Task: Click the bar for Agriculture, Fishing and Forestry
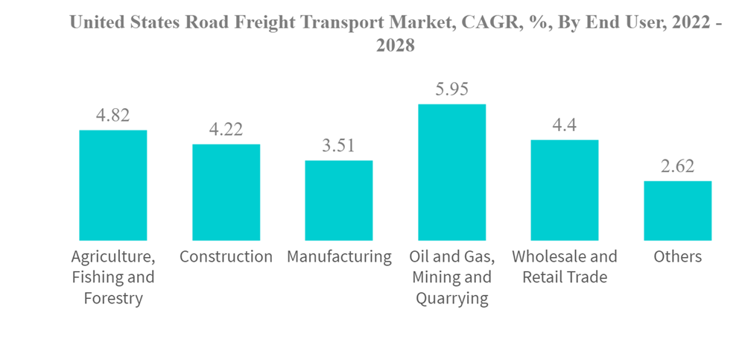coord(113,185)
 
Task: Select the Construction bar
coord(226,192)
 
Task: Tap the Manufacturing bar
coord(339,200)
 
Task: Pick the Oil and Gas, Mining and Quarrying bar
coord(452,172)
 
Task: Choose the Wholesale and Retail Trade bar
coord(565,190)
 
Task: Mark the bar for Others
coord(678,211)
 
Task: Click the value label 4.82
coord(113,116)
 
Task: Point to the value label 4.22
coord(226,130)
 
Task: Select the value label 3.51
coord(339,146)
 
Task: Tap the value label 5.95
coord(452,89)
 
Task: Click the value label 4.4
coord(565,125)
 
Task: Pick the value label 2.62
coord(678,166)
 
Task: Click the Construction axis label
coord(226,257)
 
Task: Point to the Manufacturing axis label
coord(339,257)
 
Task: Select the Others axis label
coord(678,257)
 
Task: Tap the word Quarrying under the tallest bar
coord(452,300)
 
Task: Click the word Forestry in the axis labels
coord(113,300)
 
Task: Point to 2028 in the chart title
coord(395,46)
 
